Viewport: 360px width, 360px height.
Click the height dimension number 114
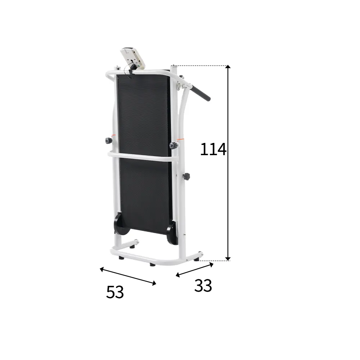(x=213, y=149)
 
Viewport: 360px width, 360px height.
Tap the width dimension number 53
(x=115, y=292)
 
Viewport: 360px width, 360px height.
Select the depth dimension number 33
(x=203, y=285)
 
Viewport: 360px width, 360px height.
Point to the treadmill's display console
(x=133, y=58)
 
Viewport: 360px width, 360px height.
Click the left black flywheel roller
(x=121, y=224)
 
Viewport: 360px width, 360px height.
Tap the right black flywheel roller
(x=172, y=233)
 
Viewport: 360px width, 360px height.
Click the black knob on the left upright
(x=108, y=140)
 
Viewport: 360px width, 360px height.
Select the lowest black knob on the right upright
(x=186, y=176)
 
